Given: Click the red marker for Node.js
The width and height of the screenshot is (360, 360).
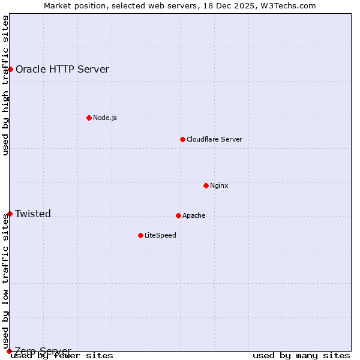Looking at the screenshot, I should coord(89,118).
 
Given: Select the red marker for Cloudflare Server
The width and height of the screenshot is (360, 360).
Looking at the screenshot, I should coord(182,139).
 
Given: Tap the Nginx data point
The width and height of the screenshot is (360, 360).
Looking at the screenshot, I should coord(206,185).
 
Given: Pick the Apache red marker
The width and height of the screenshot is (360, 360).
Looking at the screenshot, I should coord(178,215).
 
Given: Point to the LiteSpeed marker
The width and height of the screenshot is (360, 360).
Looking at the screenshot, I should coord(140,235).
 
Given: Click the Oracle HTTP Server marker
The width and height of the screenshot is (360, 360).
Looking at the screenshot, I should coord(10,69).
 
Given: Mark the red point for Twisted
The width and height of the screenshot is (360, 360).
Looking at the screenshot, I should coord(10,214).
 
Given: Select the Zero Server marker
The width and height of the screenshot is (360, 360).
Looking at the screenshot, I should coord(9,351).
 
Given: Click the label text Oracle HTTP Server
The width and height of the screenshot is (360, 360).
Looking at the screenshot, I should coord(62,69).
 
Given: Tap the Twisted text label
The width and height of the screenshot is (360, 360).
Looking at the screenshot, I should coord(33,214).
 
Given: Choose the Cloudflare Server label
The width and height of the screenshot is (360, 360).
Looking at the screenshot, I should coord(214,139).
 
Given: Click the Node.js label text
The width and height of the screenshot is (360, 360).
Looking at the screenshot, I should coord(105,118).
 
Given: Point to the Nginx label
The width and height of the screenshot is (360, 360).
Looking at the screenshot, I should coord(219,185).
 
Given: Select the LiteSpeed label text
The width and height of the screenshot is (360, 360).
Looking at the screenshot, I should coord(160,235).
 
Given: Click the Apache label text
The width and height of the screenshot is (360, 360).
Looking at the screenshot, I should coord(194,215).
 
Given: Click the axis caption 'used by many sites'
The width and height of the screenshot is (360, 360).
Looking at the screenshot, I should coord(301,355).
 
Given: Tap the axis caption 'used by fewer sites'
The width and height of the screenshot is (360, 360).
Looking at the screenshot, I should coord(62,355).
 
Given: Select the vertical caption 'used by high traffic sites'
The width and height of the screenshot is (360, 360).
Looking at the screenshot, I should coord(6,85).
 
